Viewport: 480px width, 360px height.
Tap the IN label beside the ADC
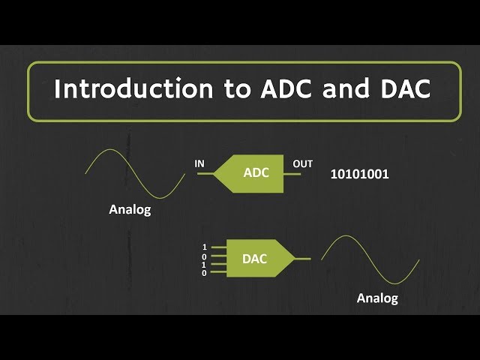[x=199, y=163]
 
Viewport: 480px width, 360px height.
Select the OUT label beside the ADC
[x=303, y=163]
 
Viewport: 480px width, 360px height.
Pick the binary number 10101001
[x=360, y=174]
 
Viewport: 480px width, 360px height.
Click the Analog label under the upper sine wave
[x=130, y=210]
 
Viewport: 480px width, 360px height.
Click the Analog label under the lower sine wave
[x=377, y=298]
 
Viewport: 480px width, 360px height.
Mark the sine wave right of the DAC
[x=370, y=259]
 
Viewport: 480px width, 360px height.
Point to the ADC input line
[x=205, y=174]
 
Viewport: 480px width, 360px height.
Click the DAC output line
[x=303, y=259]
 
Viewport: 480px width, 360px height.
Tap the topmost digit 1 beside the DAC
[x=204, y=247]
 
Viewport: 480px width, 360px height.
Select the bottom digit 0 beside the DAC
[x=204, y=273]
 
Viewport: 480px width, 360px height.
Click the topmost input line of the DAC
[x=218, y=247]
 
